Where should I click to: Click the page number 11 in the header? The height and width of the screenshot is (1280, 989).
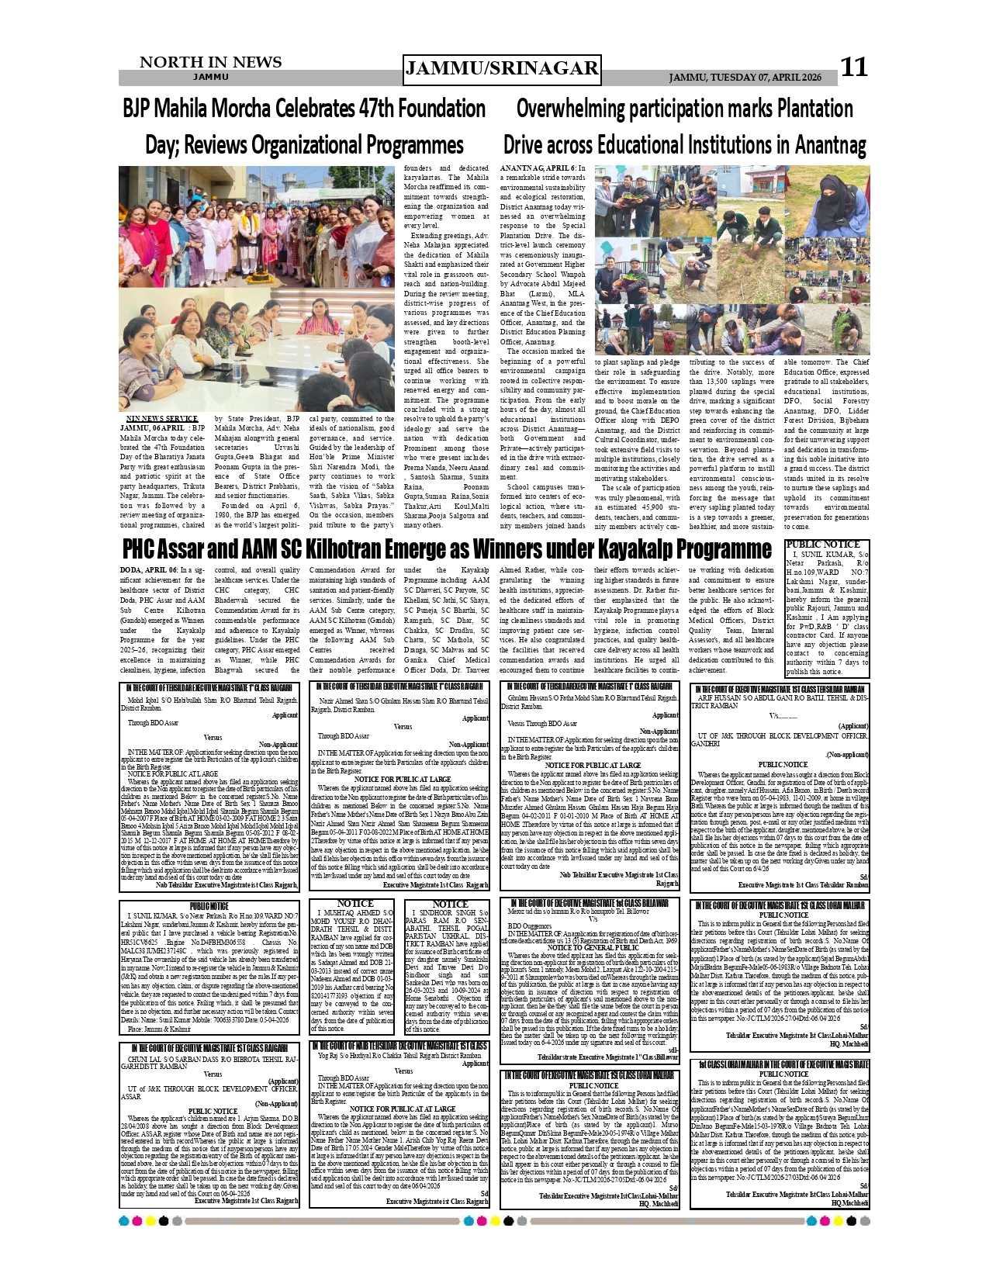pyautogui.click(x=854, y=67)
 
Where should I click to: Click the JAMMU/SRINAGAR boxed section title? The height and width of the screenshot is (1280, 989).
pyautogui.click(x=502, y=69)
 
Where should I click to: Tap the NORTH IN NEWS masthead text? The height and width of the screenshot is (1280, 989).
pyautogui.click(x=210, y=62)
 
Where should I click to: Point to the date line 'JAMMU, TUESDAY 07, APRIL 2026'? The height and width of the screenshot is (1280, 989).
pyautogui.click(x=745, y=78)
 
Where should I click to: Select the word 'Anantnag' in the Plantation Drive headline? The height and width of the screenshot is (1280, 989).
pyautogui.click(x=827, y=144)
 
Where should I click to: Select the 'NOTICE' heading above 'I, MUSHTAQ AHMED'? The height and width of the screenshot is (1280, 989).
pyautogui.click(x=354, y=904)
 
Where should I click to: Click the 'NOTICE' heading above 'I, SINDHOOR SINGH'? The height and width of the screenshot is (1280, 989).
pyautogui.click(x=450, y=904)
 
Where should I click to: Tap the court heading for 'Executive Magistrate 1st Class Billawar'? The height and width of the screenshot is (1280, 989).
pyautogui.click(x=588, y=903)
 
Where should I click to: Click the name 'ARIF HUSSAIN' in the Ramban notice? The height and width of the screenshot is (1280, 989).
pyautogui.click(x=721, y=698)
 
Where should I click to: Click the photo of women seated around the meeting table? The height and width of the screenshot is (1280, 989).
pyautogui.click(x=256, y=353)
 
